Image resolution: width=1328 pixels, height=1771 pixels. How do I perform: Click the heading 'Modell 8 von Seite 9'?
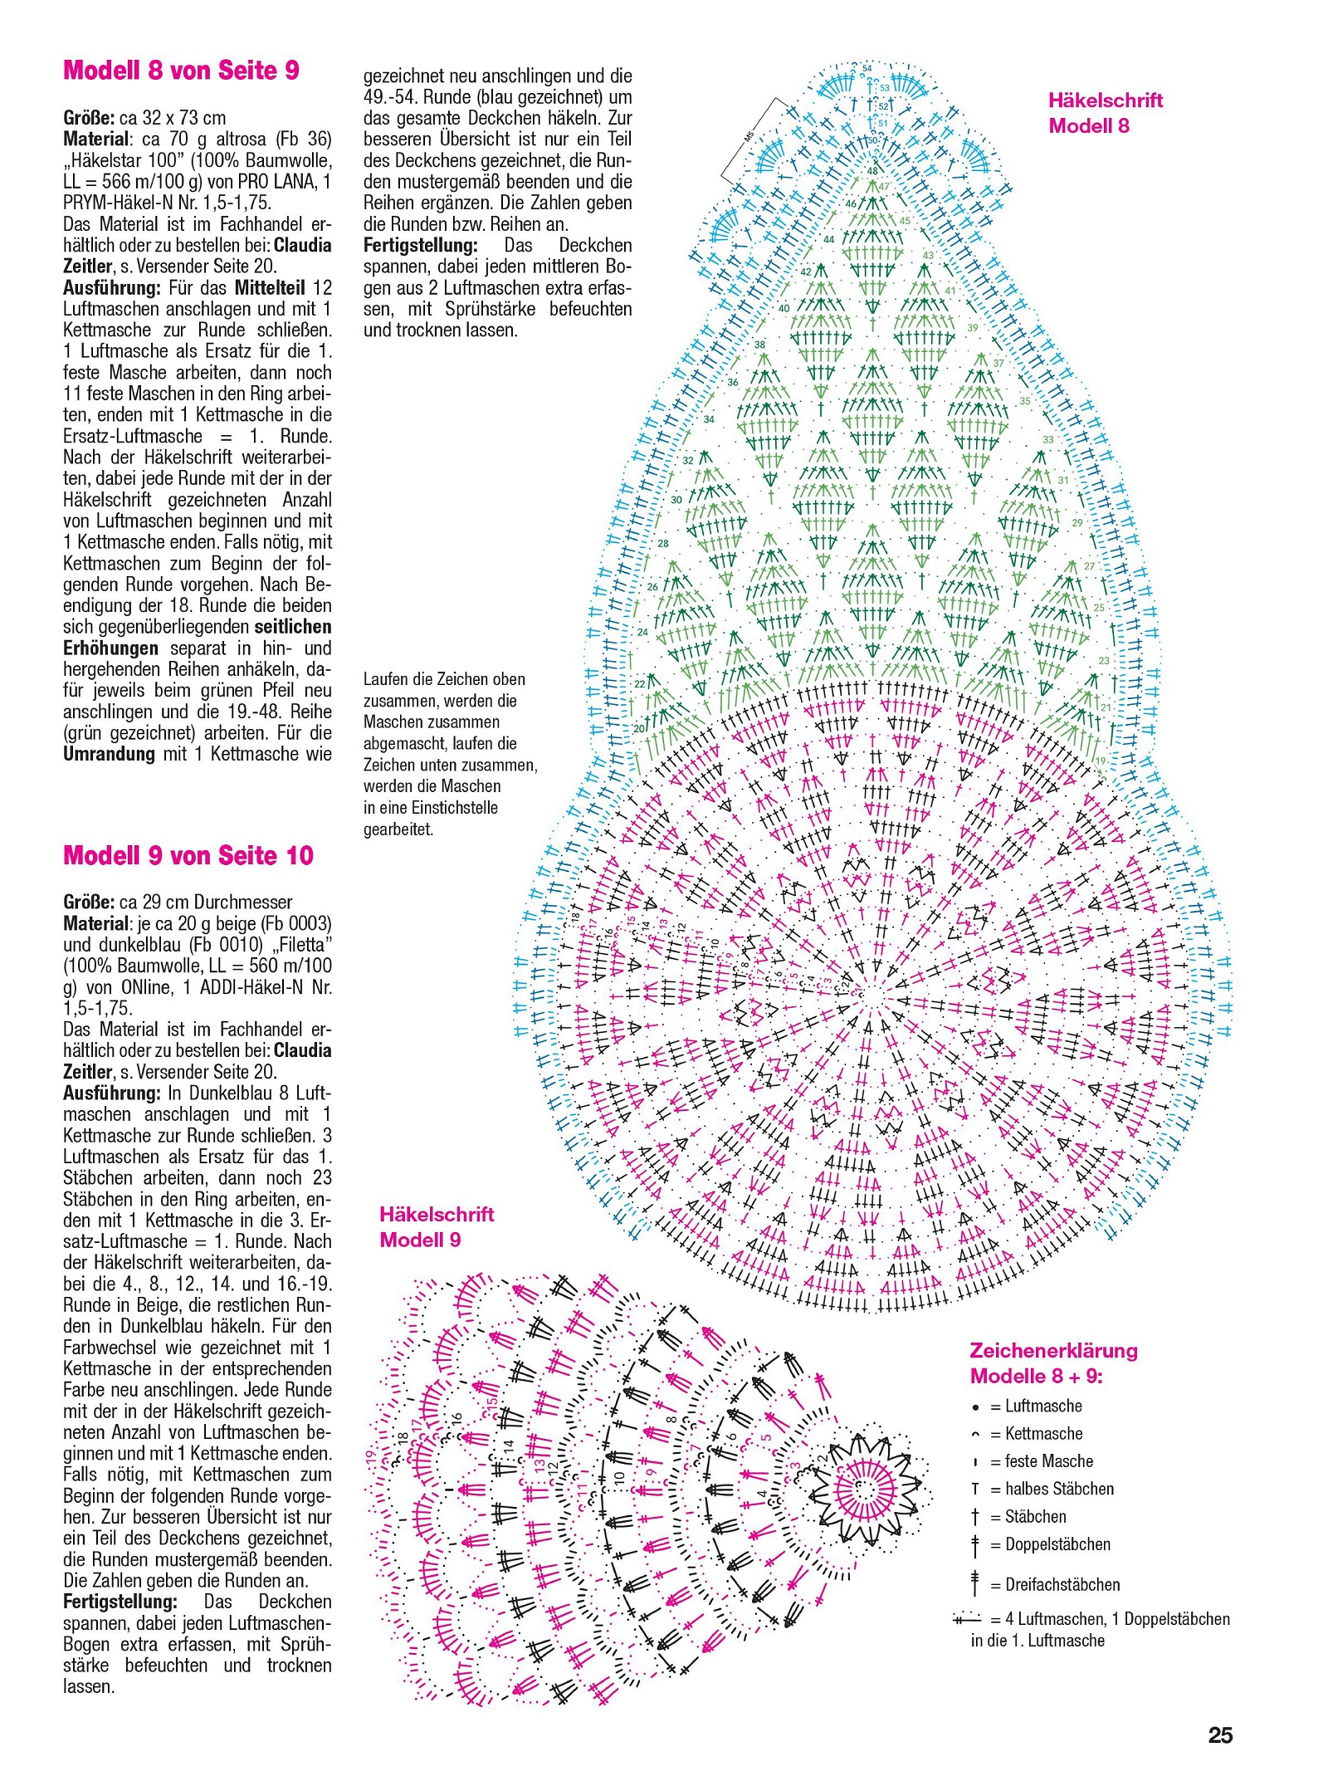coord(181,70)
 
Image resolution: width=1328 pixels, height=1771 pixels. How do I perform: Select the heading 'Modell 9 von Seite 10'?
coord(188,855)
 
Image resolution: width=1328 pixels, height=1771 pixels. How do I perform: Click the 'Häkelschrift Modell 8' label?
coord(1105,113)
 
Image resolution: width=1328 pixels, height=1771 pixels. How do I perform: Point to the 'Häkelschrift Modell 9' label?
coord(437,1227)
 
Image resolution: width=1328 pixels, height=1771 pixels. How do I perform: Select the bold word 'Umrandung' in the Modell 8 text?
coord(109,754)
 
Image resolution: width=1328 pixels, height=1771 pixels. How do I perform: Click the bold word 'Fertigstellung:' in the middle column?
coord(421,245)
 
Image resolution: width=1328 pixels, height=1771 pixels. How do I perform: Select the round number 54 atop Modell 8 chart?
coord(867,69)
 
